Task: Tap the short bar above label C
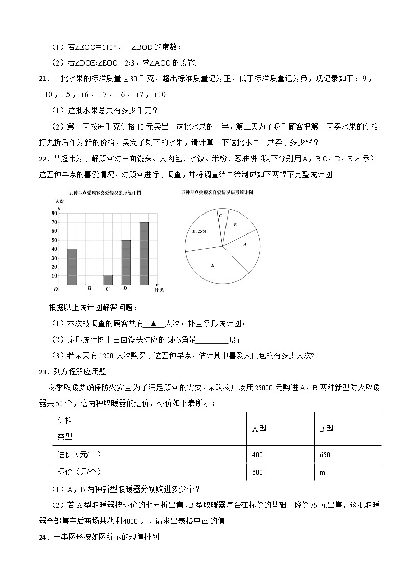[108, 280]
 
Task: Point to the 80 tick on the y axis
[54, 213]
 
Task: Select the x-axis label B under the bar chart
[89, 289]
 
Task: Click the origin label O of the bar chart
[55, 289]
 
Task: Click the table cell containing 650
[325, 455]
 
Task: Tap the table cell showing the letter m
[322, 472]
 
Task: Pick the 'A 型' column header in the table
[259, 429]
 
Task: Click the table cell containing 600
[257, 472]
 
